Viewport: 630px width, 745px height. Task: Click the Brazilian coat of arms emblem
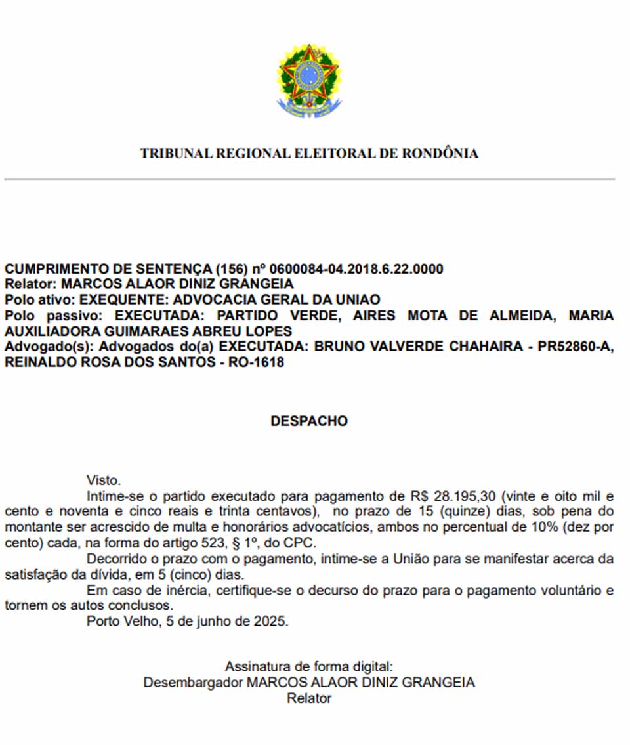309,80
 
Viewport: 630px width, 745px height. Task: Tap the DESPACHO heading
309,421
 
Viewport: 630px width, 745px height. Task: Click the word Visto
104,480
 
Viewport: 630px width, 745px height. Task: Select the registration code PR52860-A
572,347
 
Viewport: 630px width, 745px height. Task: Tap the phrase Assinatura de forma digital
309,666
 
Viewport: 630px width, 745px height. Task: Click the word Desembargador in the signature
193,682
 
